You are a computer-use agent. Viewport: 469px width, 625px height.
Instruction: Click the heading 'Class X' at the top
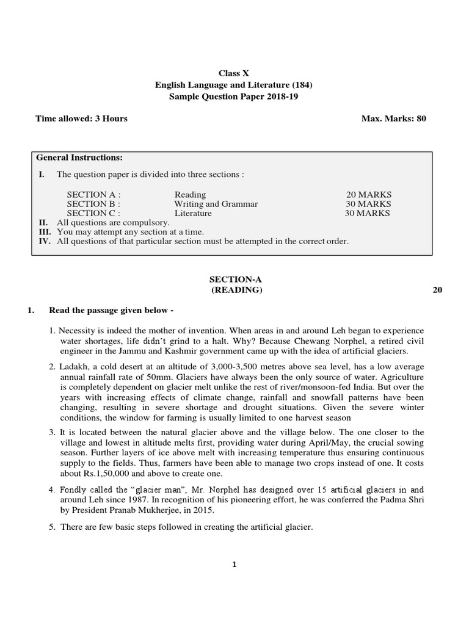[x=234, y=74]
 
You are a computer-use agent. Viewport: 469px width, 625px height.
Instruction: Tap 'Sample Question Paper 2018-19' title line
[x=234, y=97]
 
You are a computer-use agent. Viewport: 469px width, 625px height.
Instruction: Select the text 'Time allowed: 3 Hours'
[x=82, y=118]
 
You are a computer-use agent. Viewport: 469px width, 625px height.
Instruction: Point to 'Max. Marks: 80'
[x=393, y=118]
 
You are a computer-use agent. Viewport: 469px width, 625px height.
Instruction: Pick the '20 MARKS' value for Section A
[x=369, y=195]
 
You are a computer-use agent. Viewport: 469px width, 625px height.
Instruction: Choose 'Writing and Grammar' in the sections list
[x=216, y=204]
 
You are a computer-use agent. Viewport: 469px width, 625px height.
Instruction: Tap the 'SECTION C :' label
[x=93, y=213]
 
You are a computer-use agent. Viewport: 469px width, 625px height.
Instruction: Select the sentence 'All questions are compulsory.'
[x=113, y=223]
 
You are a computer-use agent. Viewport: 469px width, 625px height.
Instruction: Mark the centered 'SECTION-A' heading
[x=234, y=279]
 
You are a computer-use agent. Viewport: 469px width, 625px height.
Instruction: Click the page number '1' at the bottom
[x=234, y=565]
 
